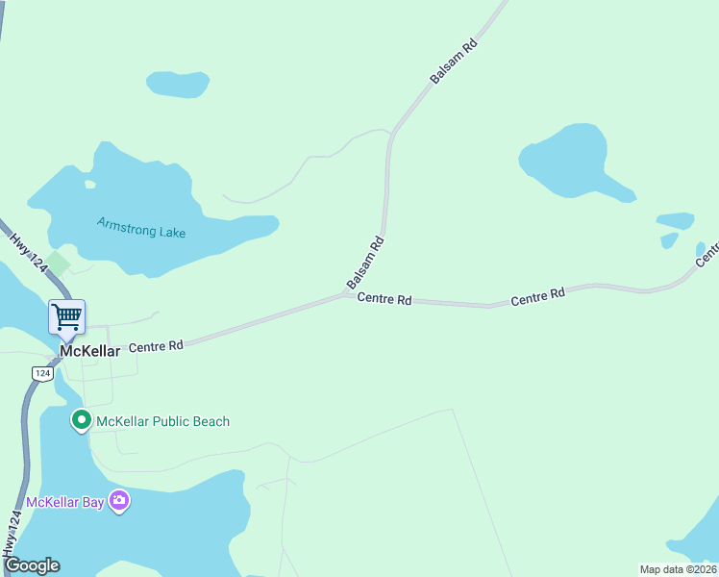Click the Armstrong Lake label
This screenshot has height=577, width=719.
(141, 228)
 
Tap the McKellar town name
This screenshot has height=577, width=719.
(90, 352)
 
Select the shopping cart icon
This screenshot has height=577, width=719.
(67, 315)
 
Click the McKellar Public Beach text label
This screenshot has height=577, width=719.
(163, 421)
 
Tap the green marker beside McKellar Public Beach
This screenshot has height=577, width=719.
(82, 420)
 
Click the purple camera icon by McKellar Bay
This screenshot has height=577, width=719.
(119, 500)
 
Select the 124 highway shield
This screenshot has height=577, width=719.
(41, 372)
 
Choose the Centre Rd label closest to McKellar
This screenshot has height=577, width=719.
(156, 345)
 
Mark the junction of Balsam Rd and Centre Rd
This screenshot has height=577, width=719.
(348, 294)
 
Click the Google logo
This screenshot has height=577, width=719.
(32, 565)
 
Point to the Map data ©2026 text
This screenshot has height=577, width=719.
(678, 569)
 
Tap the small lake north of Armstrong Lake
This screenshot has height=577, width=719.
(178, 85)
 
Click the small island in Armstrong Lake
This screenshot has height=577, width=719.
(89, 184)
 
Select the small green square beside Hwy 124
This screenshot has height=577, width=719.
(59, 262)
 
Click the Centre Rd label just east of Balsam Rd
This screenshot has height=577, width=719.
(384, 300)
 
